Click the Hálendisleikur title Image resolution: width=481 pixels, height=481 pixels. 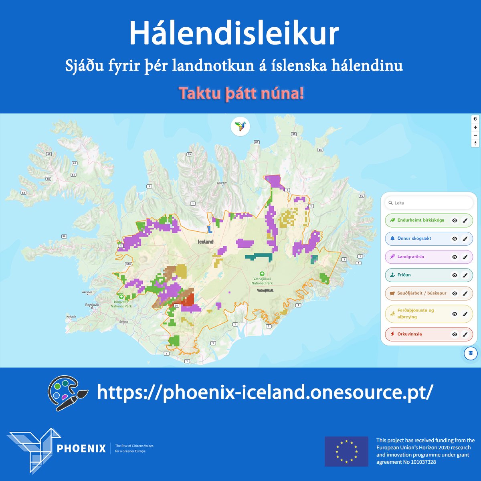[x=234, y=34]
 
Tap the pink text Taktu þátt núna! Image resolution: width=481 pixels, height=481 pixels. [x=241, y=93]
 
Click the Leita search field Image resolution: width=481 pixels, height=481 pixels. [x=429, y=203]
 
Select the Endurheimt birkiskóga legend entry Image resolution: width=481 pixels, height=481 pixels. [x=420, y=220]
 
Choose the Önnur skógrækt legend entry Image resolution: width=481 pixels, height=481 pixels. [x=414, y=238]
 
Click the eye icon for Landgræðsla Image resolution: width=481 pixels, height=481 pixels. [x=455, y=257]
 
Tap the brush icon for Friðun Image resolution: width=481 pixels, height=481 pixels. [x=465, y=275]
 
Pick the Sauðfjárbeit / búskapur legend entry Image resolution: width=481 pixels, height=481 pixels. [x=421, y=293]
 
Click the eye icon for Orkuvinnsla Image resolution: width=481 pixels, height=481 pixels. [x=455, y=334]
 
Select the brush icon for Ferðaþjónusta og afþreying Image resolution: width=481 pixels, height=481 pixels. [x=465, y=314]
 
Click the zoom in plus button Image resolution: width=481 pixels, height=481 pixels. [x=475, y=127]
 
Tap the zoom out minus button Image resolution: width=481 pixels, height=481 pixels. [x=475, y=135]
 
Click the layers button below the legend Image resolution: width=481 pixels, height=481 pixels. [x=471, y=353]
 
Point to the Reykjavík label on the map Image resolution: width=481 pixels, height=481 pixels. [x=92, y=305]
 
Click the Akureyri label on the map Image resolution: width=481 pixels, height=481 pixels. [x=222, y=183]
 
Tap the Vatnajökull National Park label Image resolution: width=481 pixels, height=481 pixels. [x=262, y=281]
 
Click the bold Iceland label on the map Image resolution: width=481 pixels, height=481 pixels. [x=206, y=242]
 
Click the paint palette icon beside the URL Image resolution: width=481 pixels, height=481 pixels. [x=67, y=393]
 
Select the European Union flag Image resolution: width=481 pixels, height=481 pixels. [x=346, y=451]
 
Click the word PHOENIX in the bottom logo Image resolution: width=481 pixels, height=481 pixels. [x=81, y=448]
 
